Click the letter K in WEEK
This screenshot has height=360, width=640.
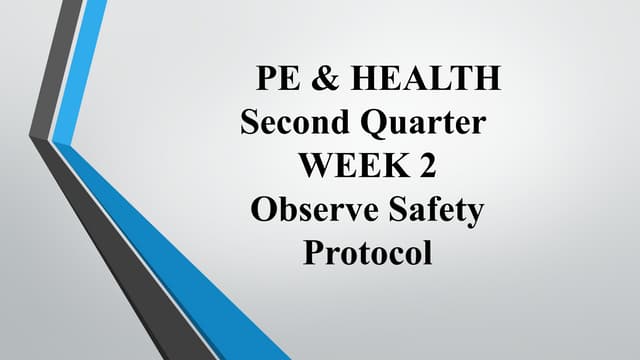pyautogui.click(x=392, y=165)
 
